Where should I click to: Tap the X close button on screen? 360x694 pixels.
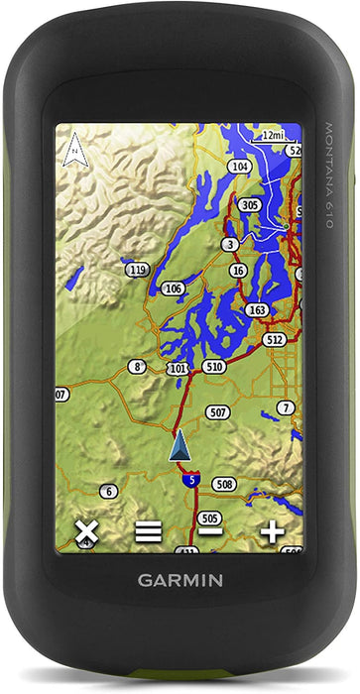(86, 532)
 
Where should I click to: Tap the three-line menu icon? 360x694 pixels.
(149, 532)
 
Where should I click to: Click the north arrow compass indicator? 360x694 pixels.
(72, 151)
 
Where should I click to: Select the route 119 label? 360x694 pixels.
(139, 270)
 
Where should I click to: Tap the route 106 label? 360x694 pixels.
(173, 289)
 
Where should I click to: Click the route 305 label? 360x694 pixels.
(250, 205)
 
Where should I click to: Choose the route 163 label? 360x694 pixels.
(258, 310)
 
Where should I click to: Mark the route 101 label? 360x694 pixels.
(178, 369)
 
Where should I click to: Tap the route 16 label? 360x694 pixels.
(238, 271)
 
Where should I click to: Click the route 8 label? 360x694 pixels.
(138, 367)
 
